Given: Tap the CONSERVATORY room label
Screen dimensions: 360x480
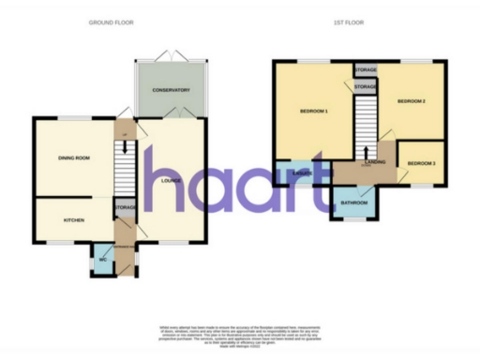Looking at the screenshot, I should [172, 91].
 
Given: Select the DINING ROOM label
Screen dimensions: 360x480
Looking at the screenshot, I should [74, 158].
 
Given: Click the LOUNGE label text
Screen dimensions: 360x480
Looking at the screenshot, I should [171, 181].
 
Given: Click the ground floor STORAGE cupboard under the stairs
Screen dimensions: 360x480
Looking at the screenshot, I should [126, 207].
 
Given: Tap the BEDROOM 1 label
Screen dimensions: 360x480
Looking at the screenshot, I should [313, 112].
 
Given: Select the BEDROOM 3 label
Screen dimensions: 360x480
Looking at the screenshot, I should [421, 164].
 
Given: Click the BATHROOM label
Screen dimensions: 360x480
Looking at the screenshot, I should [354, 202].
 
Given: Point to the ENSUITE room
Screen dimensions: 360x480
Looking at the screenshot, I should [300, 172].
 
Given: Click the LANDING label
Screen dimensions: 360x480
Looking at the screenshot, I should [374, 162].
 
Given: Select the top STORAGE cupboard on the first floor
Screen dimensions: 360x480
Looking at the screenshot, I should [366, 69].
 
